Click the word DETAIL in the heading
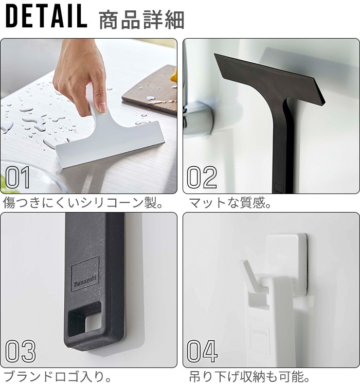tap(46, 16)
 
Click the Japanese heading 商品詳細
tap(141, 20)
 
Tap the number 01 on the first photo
tap(17, 177)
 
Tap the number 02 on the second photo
tap(202, 177)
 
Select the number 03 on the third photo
tap(20, 352)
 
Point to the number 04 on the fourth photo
tap(202, 352)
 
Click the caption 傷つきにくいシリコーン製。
tap(83, 203)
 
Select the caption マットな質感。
tap(229, 203)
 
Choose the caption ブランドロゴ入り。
tap(58, 377)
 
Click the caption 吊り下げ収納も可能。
tap(249, 377)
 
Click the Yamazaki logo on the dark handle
tap(85, 274)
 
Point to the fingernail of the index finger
tap(102, 107)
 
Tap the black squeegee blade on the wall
tap(269, 79)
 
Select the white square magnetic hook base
tap(286, 264)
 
